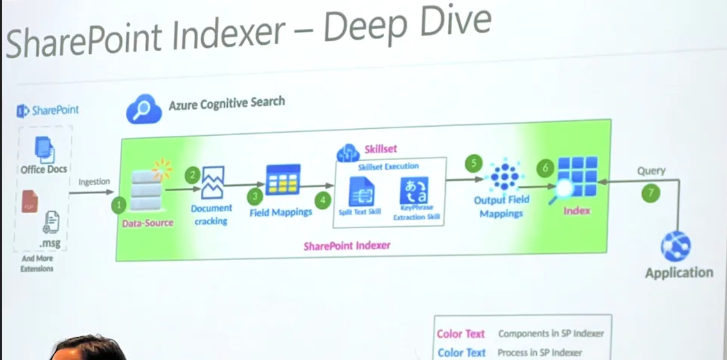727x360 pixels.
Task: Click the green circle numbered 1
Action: point(118,205)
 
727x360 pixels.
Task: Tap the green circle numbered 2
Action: point(193,175)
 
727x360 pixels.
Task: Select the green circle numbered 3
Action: point(255,196)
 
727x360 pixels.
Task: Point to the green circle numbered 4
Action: point(323,200)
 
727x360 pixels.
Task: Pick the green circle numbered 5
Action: point(473,164)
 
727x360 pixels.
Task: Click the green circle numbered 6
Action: point(545,169)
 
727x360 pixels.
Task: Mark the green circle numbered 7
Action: point(651,194)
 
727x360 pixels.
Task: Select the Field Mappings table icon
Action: point(283,180)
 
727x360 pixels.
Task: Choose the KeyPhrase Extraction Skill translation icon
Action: point(414,191)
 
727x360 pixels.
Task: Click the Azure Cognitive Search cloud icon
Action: point(144,108)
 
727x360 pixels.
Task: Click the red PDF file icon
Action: point(30,202)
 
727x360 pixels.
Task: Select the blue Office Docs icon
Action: point(44,149)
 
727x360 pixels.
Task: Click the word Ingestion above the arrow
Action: point(94,182)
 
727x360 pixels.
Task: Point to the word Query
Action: point(651,170)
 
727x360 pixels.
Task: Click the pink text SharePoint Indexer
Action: point(346,246)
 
